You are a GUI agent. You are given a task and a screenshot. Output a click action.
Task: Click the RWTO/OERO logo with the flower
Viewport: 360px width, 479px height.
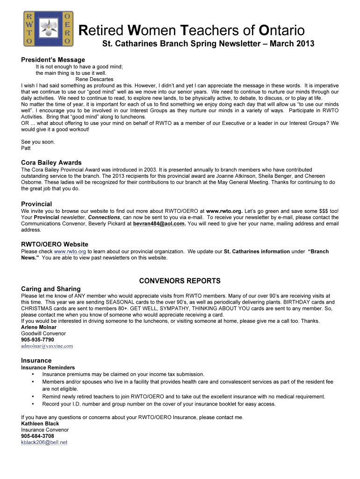click(48, 29)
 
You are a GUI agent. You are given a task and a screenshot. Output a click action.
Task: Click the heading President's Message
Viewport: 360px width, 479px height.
click(53, 60)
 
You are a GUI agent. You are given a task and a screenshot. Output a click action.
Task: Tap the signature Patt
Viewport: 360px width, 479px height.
click(26, 148)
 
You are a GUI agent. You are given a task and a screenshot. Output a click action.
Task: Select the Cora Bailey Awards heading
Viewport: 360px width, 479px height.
click(51, 163)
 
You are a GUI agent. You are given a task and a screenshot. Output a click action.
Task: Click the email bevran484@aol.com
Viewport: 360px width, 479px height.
click(159, 224)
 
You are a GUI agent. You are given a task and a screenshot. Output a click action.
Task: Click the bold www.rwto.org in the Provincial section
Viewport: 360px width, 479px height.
click(224, 211)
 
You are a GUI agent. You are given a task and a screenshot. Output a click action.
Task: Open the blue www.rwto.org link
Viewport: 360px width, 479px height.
click(70, 252)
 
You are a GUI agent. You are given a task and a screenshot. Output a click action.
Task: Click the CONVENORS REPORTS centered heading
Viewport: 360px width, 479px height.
click(180, 281)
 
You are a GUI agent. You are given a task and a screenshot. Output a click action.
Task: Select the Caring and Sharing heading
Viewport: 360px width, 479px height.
click(51, 289)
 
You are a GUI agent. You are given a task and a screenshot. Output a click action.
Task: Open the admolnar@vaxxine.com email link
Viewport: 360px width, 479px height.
click(47, 346)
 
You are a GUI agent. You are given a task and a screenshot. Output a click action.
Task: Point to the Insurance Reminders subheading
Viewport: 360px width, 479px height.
click(48, 368)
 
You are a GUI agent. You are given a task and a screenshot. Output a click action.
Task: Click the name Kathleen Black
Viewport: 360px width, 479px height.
click(40, 424)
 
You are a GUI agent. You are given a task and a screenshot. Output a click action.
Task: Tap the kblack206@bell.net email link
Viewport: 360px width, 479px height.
click(44, 442)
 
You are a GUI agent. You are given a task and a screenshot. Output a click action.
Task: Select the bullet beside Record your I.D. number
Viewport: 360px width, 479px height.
click(33, 404)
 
